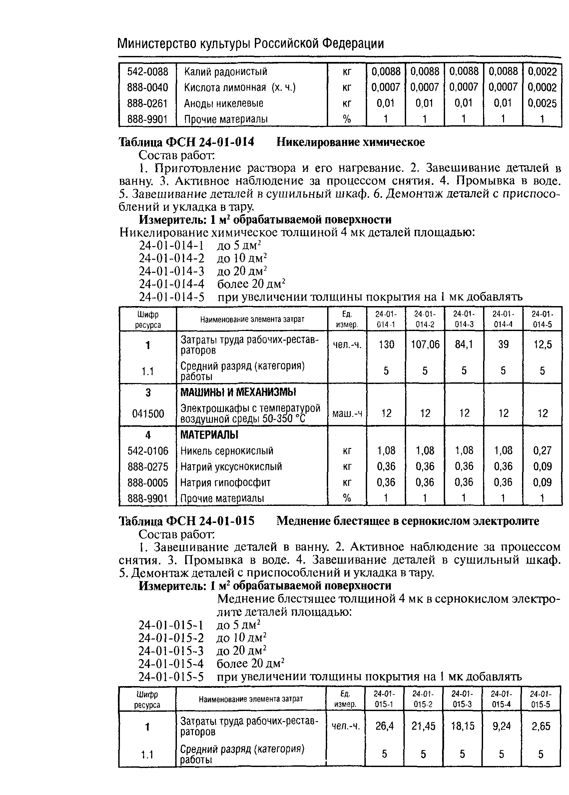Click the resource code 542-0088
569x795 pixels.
tap(148, 72)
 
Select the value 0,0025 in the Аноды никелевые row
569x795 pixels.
tap(542, 103)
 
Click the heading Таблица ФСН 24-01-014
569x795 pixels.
tap(187, 142)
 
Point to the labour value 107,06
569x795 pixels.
tap(425, 345)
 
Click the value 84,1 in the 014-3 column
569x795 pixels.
tap(463, 345)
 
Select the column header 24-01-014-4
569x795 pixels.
tap(503, 319)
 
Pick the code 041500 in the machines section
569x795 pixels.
tap(148, 414)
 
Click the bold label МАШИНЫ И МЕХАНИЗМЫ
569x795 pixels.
tap(238, 393)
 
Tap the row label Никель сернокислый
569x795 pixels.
tap(227, 451)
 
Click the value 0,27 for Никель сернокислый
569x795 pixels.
tap(542, 450)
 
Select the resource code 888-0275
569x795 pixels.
tap(148, 467)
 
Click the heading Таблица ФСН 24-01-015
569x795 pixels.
tap(187, 522)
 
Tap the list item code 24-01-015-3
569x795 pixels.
tap(171, 651)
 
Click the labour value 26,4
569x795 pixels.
tap(384, 726)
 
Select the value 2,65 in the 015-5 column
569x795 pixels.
tap(541, 726)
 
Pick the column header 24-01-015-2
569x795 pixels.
tap(423, 699)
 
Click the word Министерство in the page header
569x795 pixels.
tap(157, 44)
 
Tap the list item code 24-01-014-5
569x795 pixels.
tap(171, 297)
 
